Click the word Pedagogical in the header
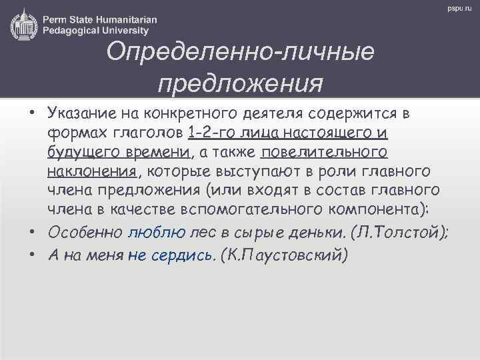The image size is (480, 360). pyautogui.click(x=73, y=29)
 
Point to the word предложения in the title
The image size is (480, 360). pyautogui.click(x=241, y=85)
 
